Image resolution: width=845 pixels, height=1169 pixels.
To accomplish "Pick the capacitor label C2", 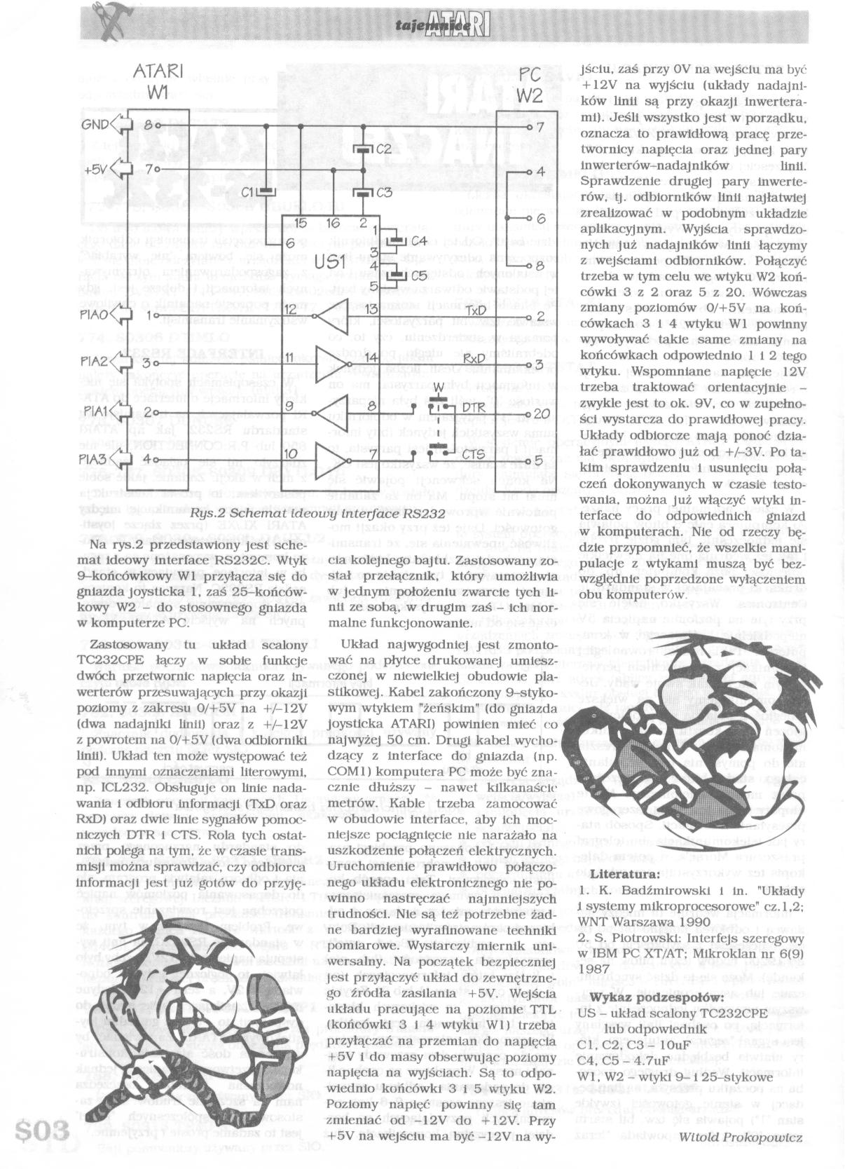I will (x=383, y=149).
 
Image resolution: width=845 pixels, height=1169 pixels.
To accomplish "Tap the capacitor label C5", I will (x=418, y=275).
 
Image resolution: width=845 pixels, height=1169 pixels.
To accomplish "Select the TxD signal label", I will (x=476, y=310).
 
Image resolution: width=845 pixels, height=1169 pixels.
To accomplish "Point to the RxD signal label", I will (x=476, y=359).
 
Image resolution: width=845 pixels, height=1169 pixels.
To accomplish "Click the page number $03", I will (x=42, y=1130).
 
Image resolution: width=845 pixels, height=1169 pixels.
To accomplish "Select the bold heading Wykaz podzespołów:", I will (x=647, y=997).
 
